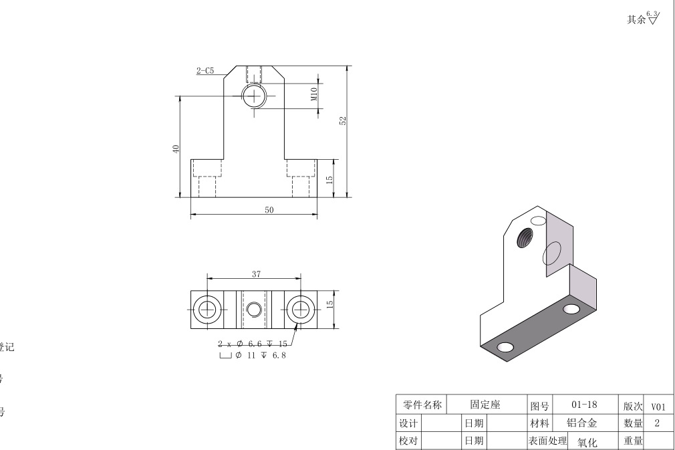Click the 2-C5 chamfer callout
coord(205,70)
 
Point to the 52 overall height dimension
coord(343,121)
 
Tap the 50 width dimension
coord(269,210)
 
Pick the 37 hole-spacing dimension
coord(257,273)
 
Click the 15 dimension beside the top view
coord(329,304)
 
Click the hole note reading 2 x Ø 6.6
coord(253,344)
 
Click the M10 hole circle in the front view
coord(254,96)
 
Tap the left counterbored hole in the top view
coord(207,309)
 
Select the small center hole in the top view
coord(254,309)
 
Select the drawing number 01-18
coord(585,405)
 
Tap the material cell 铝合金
coord(581,423)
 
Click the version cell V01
coord(658,406)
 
